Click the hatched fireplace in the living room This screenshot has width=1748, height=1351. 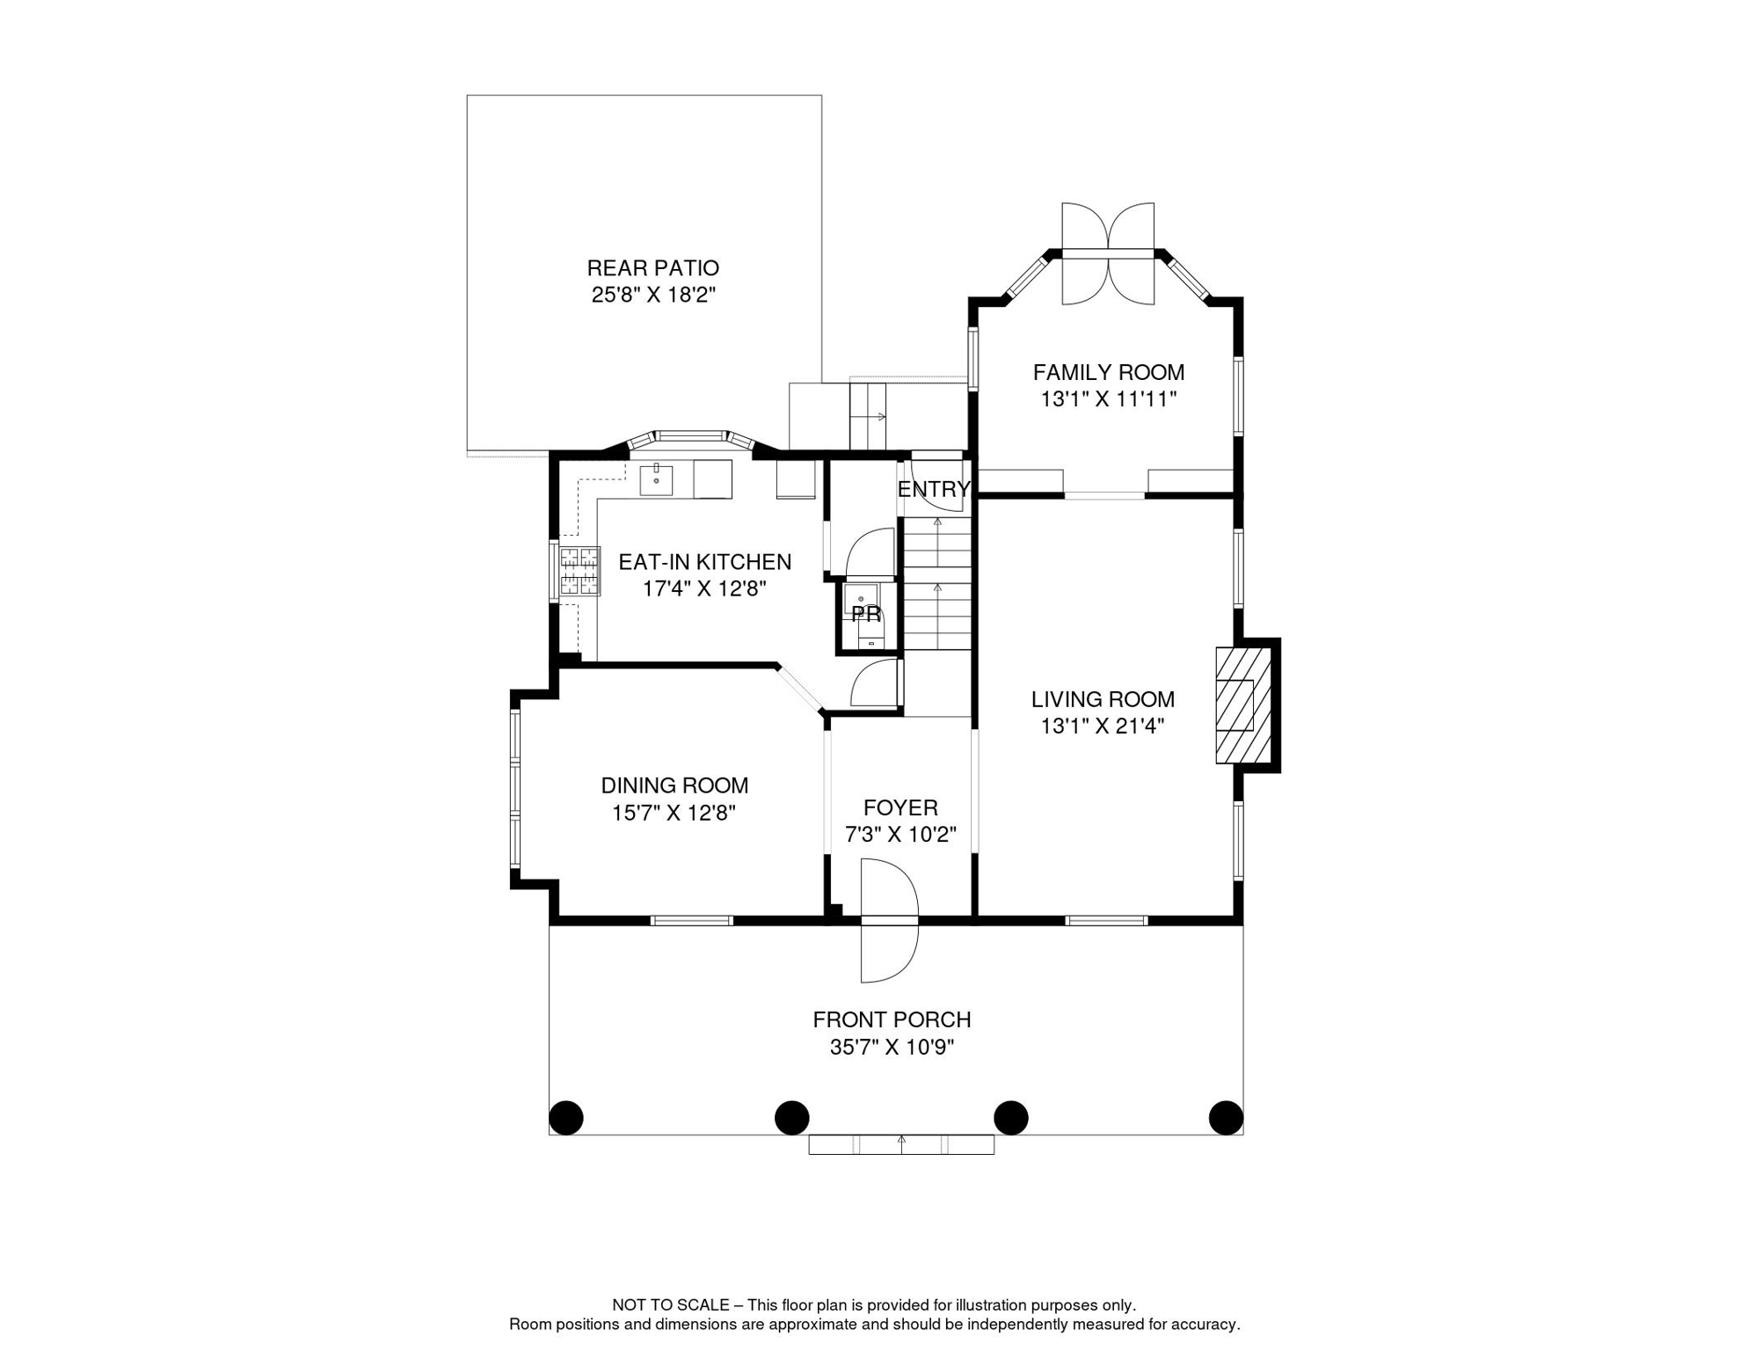[x=1243, y=705]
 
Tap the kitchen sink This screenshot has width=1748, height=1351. [x=656, y=480]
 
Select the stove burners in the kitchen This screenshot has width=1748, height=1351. [x=579, y=572]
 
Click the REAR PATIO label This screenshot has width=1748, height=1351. [x=652, y=268]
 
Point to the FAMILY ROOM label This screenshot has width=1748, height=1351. [x=1109, y=373]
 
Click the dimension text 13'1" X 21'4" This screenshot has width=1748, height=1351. [x=1103, y=727]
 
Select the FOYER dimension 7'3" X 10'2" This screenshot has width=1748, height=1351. [x=900, y=835]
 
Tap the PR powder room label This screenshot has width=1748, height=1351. [x=866, y=614]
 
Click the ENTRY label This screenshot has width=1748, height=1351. [x=934, y=489]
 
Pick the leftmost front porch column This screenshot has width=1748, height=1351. [x=566, y=1118]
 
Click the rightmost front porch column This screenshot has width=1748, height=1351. [x=1226, y=1118]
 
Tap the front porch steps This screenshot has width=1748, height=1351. [x=901, y=1144]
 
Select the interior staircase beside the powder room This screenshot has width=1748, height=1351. [x=937, y=583]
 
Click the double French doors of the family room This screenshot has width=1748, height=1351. [x=1108, y=253]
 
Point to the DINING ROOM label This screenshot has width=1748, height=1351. [x=674, y=785]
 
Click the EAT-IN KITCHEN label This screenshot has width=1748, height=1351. [x=704, y=562]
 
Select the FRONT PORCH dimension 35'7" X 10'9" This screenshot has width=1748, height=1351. [x=892, y=1048]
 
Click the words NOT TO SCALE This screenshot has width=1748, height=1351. [x=671, y=1305]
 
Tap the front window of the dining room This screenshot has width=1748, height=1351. [x=691, y=921]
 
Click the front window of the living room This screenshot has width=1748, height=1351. [x=1106, y=921]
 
